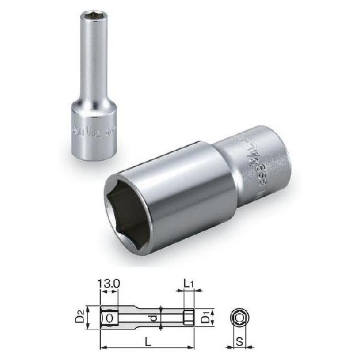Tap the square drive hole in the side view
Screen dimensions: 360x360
[x=109, y=317]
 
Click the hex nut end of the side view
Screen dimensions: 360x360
[x=186, y=317]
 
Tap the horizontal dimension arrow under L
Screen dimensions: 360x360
[x=147, y=347]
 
